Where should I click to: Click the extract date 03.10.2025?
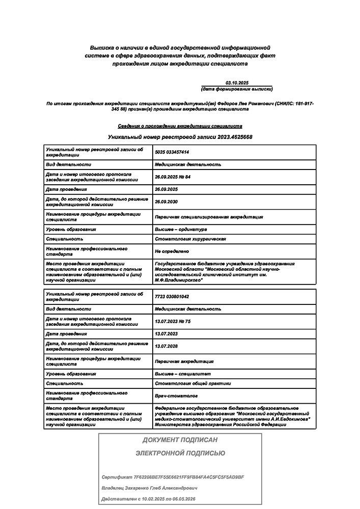pyautogui.click(x=237, y=82)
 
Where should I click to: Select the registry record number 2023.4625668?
pyautogui.click(x=232, y=137)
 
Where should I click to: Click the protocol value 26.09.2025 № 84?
pyautogui.click(x=172, y=177)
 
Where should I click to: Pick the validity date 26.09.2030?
pyautogui.click(x=165, y=202)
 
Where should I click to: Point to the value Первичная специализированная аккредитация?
pyautogui.click(x=209, y=217)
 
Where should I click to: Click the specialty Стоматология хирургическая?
pyautogui.click(x=190, y=239)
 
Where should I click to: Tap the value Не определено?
pyautogui.click(x=172, y=251)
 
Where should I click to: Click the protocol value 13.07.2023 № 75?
pyautogui.click(x=172, y=321)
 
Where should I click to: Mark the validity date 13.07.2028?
pyautogui.click(x=165, y=346)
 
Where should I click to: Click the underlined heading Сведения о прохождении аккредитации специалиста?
pyautogui.click(x=180, y=126)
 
